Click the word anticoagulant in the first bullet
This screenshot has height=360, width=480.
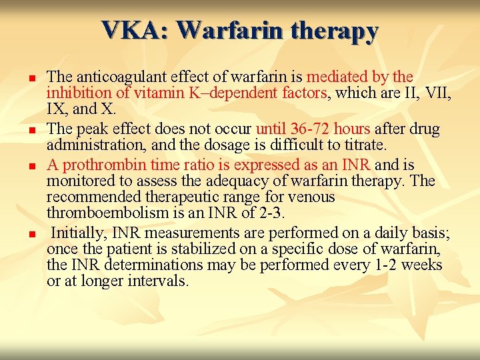(113, 77)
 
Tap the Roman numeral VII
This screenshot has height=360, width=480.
(438, 93)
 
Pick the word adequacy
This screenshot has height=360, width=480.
(208, 180)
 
